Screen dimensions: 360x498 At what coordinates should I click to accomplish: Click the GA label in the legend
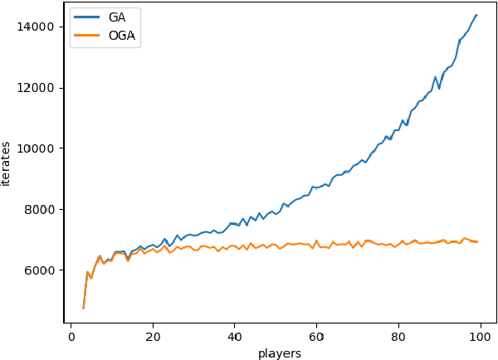(117, 17)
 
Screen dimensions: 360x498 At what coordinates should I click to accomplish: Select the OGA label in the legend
(121, 35)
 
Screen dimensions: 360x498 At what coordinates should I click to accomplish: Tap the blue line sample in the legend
(86, 17)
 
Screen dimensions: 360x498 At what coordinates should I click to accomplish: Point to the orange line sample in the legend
(86, 35)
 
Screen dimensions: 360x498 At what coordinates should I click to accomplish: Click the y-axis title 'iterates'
(7, 163)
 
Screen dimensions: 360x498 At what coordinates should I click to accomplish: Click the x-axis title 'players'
(279, 353)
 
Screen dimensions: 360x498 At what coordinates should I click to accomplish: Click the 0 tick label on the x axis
(71, 337)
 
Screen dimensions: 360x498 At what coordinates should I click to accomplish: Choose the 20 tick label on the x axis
(153, 337)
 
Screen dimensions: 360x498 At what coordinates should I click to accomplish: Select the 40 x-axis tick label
(235, 337)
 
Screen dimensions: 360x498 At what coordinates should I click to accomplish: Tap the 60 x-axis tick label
(317, 337)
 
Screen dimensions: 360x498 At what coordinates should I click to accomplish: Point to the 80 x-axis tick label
(398, 337)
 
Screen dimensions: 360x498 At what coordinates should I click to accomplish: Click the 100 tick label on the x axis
(481, 337)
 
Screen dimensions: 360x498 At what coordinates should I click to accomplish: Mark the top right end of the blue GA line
(476, 14)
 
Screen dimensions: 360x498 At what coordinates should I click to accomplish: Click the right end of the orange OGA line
(476, 241)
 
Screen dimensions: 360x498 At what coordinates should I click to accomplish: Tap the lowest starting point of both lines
(84, 308)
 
